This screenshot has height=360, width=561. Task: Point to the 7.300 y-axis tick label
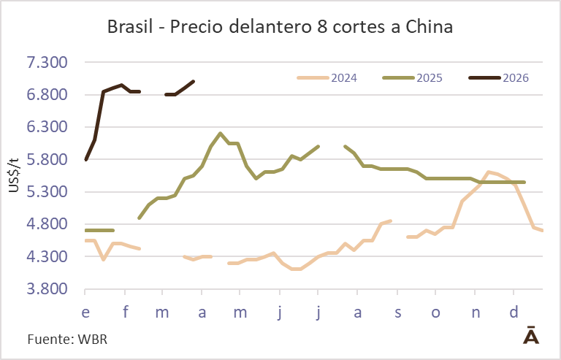[47, 63]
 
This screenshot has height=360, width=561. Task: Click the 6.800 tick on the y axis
[47, 95]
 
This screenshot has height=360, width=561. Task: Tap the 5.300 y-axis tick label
[47, 192]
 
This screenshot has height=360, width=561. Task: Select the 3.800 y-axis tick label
[47, 289]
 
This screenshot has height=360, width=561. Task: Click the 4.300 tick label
[47, 257]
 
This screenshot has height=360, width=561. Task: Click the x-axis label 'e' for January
[86, 313]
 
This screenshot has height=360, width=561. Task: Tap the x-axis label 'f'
[126, 313]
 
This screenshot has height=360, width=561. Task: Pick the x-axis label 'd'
[514, 313]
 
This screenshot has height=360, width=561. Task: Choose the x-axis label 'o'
[435, 313]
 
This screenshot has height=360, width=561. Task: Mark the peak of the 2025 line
[220, 134]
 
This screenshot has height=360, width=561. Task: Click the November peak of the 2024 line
[488, 172]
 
